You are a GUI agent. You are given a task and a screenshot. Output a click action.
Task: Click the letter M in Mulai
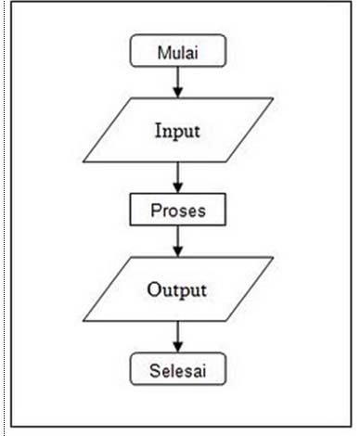coord(157,51)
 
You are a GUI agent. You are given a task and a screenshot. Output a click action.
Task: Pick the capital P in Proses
coord(154,209)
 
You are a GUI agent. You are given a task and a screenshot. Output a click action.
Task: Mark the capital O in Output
coord(151,289)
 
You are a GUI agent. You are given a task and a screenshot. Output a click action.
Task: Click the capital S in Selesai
coord(153,369)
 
